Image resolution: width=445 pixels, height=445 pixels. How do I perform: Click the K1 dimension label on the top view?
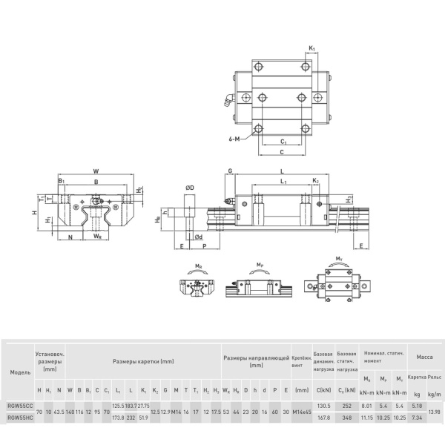coord(311,48)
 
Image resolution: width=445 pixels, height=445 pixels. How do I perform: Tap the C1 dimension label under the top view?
coord(284,141)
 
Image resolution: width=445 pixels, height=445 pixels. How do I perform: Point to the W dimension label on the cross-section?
coord(96,169)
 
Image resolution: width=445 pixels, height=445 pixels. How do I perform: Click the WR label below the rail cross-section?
coord(98,237)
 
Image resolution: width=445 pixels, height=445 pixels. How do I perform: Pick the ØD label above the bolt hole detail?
coord(190,188)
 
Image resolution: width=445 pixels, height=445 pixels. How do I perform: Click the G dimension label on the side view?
coord(230,171)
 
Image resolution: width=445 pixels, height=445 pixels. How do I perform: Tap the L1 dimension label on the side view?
coord(283,181)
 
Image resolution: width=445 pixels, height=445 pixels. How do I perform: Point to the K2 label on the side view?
coord(315,181)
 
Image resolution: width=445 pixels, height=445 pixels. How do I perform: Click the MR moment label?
coord(199,264)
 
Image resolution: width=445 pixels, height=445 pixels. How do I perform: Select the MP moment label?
coord(260,264)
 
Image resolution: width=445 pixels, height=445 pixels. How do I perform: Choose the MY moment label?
coord(339,259)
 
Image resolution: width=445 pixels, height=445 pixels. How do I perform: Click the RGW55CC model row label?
coord(20,406)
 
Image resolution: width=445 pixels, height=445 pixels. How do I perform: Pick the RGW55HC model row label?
coord(20,418)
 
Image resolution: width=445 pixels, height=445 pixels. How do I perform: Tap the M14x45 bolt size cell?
coord(301,412)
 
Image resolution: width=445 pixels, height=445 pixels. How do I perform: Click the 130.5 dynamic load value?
coord(323,406)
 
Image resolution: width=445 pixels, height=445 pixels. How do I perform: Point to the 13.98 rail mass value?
coord(434,412)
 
